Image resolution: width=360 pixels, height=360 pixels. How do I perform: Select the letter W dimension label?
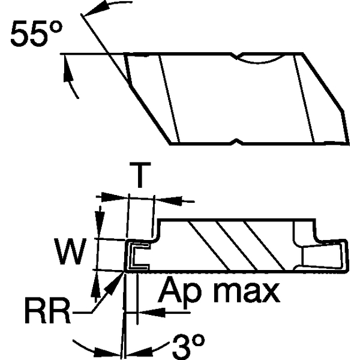(70, 251)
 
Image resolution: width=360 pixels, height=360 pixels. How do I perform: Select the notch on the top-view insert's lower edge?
(235, 143)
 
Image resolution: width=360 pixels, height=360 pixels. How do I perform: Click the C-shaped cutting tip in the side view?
(136, 254)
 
